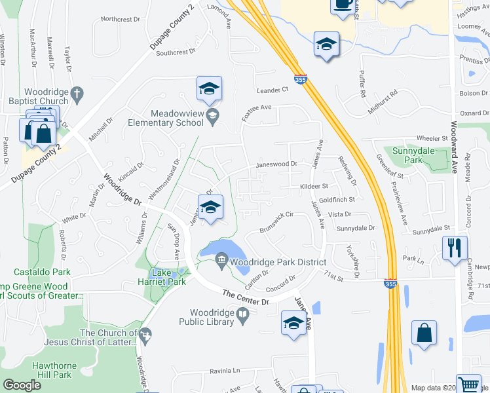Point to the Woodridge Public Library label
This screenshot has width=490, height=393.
click(212, 317)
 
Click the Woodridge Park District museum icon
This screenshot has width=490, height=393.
click(221, 262)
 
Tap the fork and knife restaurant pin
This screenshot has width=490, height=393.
click(454, 248)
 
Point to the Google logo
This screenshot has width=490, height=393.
click(22, 385)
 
